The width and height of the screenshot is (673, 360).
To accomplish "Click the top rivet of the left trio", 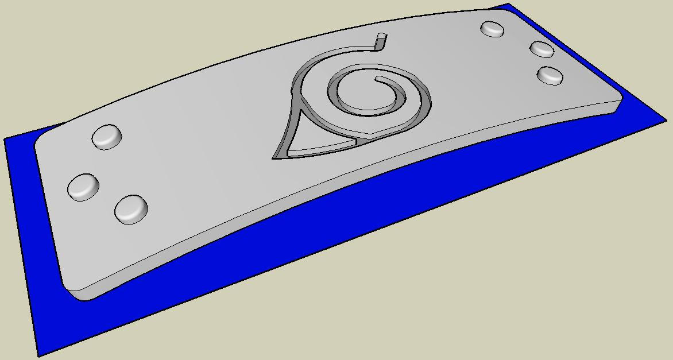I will (107, 137).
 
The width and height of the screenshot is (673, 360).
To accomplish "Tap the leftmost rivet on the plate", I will (83, 187).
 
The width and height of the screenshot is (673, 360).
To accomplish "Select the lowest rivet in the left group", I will (131, 209).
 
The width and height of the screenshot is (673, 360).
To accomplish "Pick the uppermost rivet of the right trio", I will (492, 29).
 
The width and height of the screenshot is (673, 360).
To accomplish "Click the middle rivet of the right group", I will (541, 49).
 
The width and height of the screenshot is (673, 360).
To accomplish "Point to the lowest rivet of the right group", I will (550, 75).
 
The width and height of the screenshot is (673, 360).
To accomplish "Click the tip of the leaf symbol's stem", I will (380, 38).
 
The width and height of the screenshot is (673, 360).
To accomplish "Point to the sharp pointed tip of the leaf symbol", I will (275, 157).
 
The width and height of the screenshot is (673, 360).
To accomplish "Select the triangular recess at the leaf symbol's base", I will (313, 149).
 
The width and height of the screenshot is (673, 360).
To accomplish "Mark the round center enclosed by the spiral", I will (362, 92).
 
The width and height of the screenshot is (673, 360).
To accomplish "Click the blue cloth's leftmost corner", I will (6, 140).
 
